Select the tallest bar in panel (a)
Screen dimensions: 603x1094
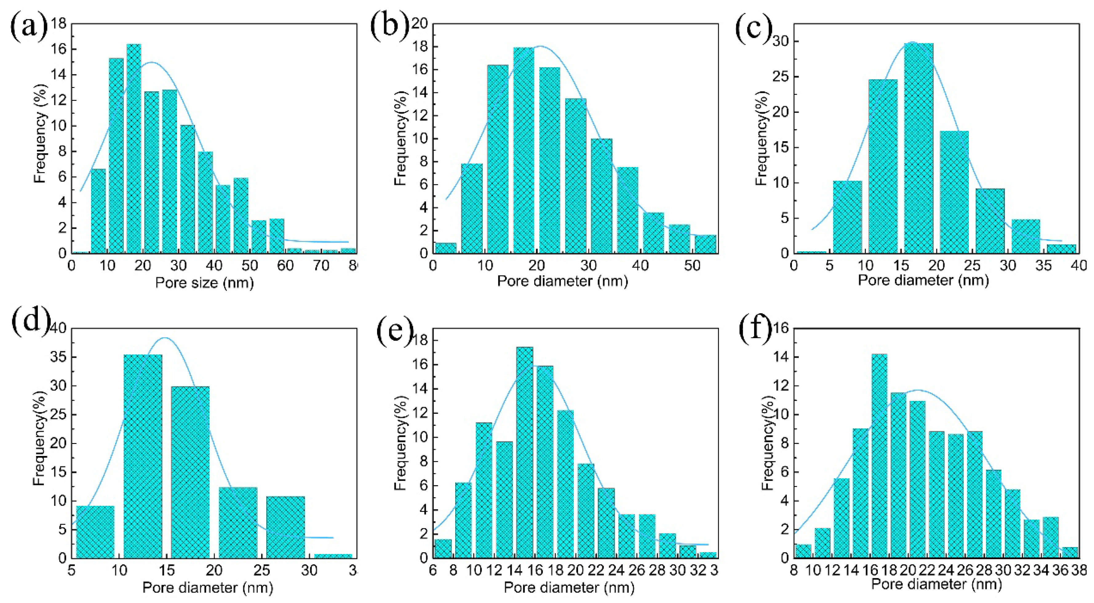point(134,149)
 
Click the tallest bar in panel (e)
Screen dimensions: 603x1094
point(524,452)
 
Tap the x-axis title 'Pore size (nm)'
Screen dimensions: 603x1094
point(204,282)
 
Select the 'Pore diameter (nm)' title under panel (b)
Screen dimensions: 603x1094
point(562,281)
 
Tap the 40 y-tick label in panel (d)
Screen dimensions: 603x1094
point(59,329)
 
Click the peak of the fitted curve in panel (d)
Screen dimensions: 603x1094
point(165,338)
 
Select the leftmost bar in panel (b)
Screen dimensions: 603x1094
point(445,248)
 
